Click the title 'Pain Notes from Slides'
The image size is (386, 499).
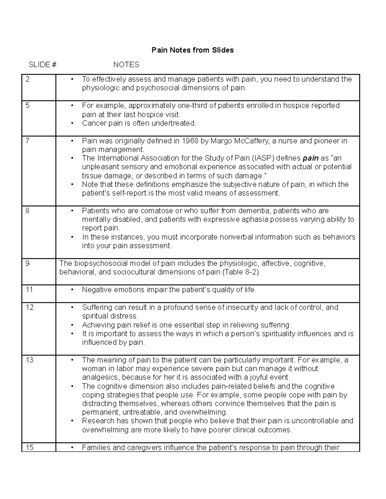coord(193,50)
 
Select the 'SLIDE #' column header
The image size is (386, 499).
coord(42,65)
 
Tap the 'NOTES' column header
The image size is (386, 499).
coord(126,65)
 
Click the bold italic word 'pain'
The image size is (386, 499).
coord(311,158)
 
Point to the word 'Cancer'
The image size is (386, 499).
coord(93,123)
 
